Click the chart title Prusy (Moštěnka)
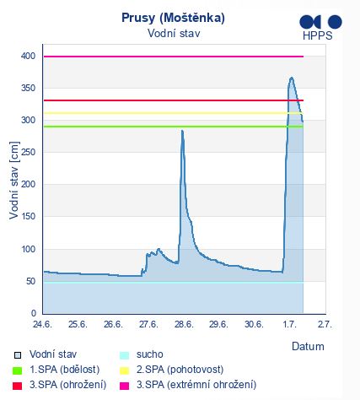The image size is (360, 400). [173, 19]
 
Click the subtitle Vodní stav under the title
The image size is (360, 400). [174, 34]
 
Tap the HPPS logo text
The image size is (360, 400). [318, 35]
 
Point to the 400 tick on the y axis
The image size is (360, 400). [28, 56]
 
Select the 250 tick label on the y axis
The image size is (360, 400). [28, 152]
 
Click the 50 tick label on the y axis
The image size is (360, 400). [30, 281]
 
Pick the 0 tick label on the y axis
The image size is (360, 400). [34, 313]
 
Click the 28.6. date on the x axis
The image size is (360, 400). [184, 324]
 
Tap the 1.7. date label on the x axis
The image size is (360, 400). [289, 324]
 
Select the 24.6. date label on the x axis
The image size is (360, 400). [42, 324]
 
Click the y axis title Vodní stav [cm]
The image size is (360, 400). [14, 181]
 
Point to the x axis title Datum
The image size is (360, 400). [308, 346]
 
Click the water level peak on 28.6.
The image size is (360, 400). [182, 131]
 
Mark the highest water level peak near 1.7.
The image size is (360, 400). [292, 78]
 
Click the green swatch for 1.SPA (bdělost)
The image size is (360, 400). [18, 370]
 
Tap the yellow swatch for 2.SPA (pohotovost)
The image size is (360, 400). [124, 370]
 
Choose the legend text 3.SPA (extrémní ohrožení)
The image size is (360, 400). [196, 385]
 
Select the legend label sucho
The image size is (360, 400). [150, 354]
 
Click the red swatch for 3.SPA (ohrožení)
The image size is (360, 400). [18, 386]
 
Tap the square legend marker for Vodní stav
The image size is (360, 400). [18, 355]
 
